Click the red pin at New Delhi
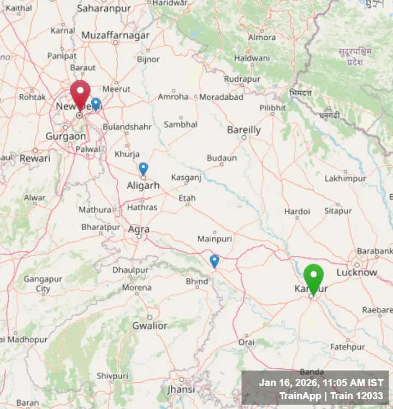click(80, 94)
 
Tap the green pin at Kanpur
click(313, 277)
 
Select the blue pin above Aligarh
click(143, 168)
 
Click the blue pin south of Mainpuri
click(215, 260)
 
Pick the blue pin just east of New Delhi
click(96, 104)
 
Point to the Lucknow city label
click(356, 272)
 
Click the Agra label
click(139, 230)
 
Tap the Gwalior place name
click(150, 326)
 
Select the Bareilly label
click(244, 130)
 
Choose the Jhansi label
click(181, 389)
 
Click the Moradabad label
click(221, 97)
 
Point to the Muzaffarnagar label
click(115, 35)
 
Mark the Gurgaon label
click(65, 136)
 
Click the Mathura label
click(94, 209)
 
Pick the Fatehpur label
click(347, 347)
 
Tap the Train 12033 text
click(357, 396)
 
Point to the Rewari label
click(35, 158)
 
